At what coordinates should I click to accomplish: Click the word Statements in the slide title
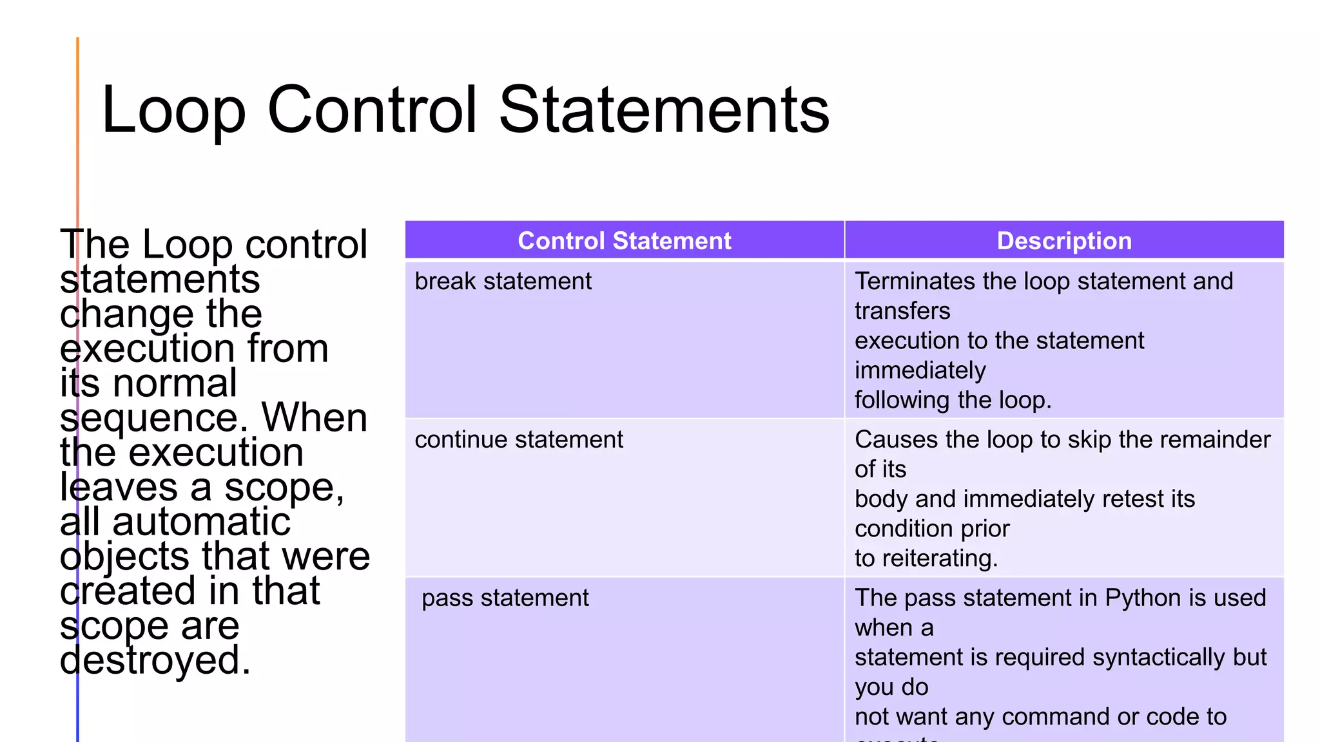(x=664, y=111)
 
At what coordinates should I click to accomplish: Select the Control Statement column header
(x=624, y=241)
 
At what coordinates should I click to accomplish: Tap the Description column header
(x=1064, y=241)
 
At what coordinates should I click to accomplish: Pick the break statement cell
(x=503, y=281)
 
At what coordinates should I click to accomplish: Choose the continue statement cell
(x=519, y=440)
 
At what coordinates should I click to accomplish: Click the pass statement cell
(x=505, y=598)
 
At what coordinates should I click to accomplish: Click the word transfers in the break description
(x=902, y=311)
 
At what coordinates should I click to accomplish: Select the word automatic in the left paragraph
(x=201, y=522)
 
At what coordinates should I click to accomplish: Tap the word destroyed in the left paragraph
(x=155, y=661)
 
